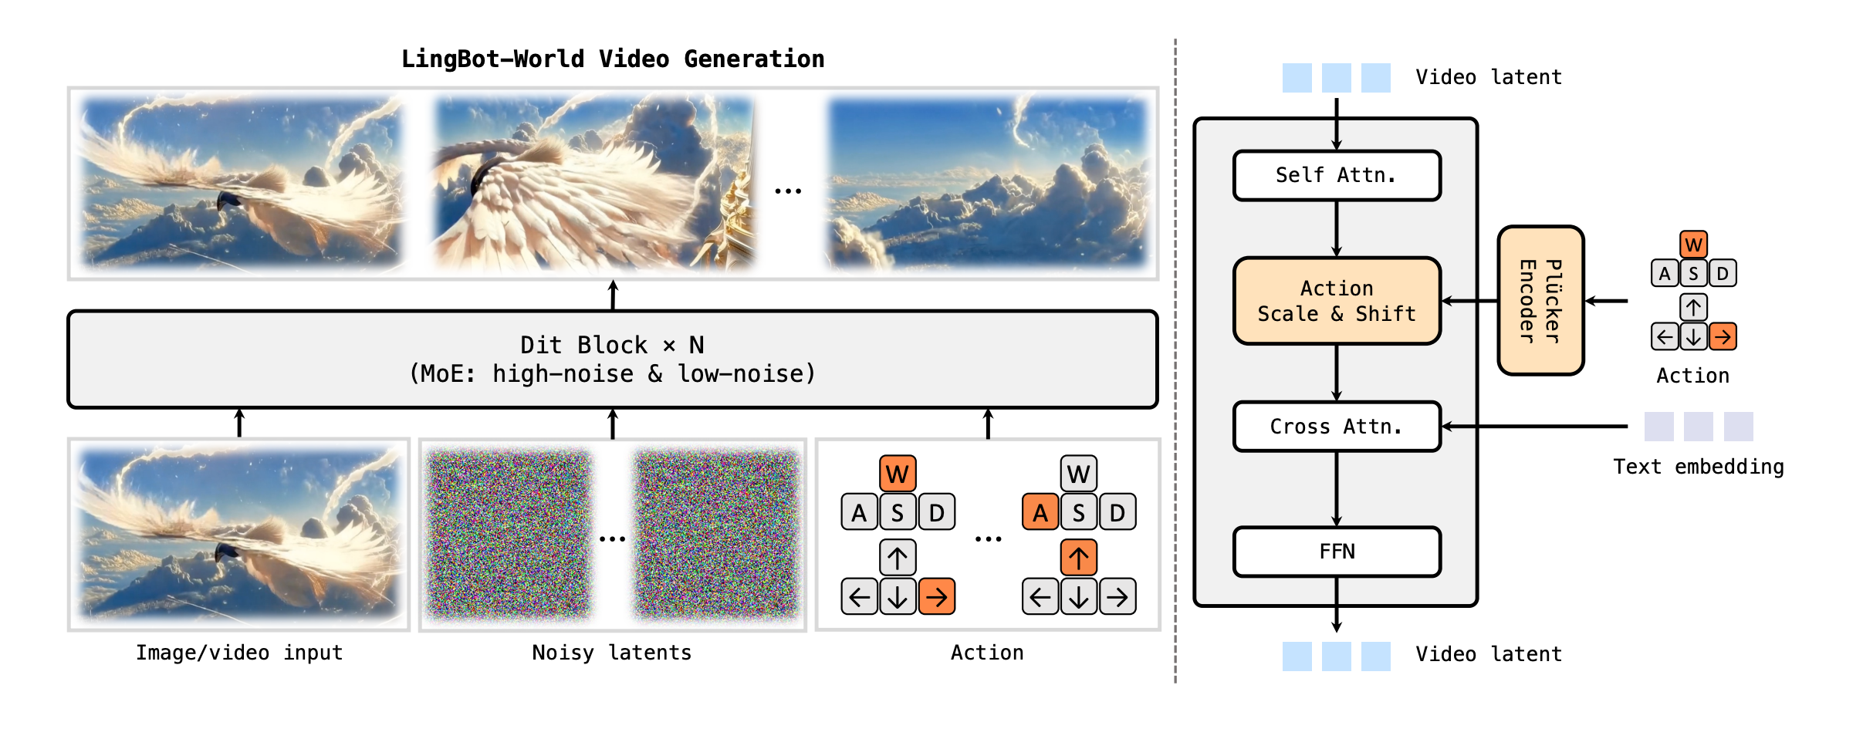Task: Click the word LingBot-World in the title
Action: click(492, 59)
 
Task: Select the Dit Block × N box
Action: click(612, 359)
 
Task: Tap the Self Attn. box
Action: click(1337, 176)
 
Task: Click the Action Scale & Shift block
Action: click(1337, 301)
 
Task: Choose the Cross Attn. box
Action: click(1337, 427)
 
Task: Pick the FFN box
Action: click(1337, 552)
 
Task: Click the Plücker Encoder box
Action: click(1540, 301)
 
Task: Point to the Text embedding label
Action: click(1698, 467)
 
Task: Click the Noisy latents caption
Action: click(611, 653)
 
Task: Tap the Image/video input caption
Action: click(239, 653)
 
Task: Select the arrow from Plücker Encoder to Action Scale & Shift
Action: click(1469, 301)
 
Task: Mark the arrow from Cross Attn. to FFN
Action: click(1337, 489)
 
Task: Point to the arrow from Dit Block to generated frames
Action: click(613, 295)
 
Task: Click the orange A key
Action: click(1040, 512)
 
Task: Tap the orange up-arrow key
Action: click(1078, 557)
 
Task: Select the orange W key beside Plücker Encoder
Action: click(1693, 245)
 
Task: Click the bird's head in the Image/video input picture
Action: click(226, 554)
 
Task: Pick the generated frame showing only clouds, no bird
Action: click(988, 184)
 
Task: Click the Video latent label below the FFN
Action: click(1488, 654)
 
